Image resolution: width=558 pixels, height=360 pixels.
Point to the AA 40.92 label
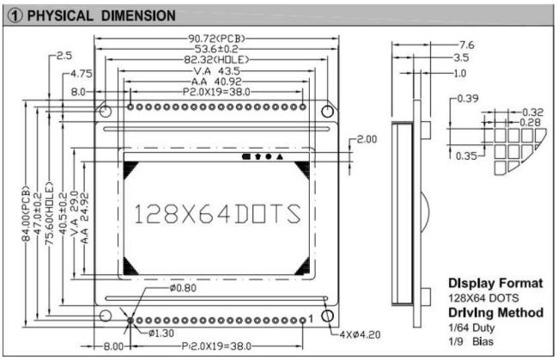[215, 82]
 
